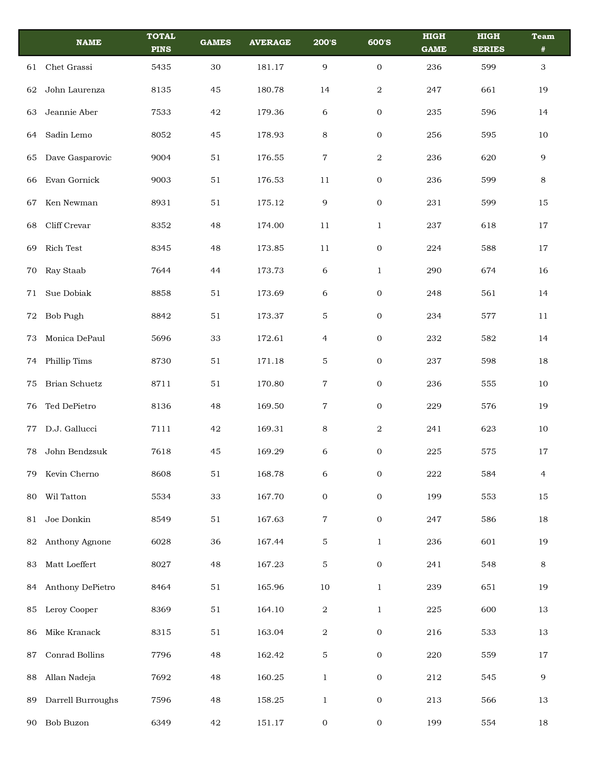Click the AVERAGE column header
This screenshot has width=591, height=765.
[x=270, y=42]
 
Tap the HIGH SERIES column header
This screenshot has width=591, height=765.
[x=488, y=42]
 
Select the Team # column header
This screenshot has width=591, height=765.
[x=543, y=42]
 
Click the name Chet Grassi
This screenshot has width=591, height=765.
[x=69, y=67]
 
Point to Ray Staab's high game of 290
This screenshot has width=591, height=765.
[x=434, y=271]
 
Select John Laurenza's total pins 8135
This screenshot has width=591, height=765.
[x=161, y=90]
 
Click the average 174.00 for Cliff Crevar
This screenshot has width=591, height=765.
[x=270, y=225]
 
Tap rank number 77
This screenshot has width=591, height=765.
[x=31, y=429]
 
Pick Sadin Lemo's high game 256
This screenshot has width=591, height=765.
[x=434, y=135]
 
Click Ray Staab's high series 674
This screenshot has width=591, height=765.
[x=488, y=271]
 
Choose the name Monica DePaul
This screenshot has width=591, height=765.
[x=75, y=338]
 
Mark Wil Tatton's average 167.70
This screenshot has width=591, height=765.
[x=270, y=496]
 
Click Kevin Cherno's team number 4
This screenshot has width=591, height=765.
[x=543, y=474]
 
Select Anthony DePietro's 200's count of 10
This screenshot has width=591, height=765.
[x=325, y=587]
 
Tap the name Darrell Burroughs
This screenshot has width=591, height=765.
[x=81, y=700]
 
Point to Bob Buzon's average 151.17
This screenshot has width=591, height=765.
[x=270, y=722]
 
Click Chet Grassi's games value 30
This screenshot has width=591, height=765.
[x=215, y=67]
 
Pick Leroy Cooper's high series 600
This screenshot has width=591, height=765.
[x=488, y=610]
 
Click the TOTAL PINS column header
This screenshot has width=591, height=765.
[x=161, y=42]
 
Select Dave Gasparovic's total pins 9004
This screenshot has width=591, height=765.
[x=161, y=158]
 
